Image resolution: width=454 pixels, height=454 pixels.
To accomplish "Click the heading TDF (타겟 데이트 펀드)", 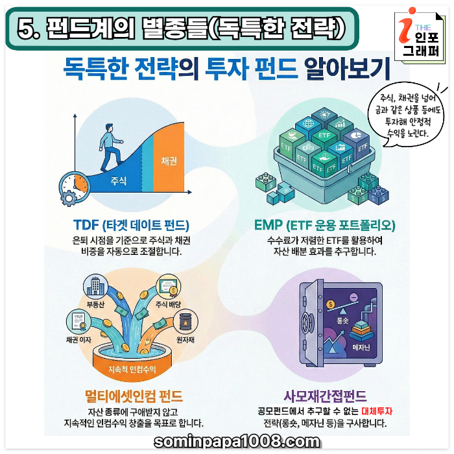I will (131, 225).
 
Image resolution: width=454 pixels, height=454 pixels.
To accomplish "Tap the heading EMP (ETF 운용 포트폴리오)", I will (324, 225).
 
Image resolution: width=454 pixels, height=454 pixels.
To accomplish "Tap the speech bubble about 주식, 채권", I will (406, 116).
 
